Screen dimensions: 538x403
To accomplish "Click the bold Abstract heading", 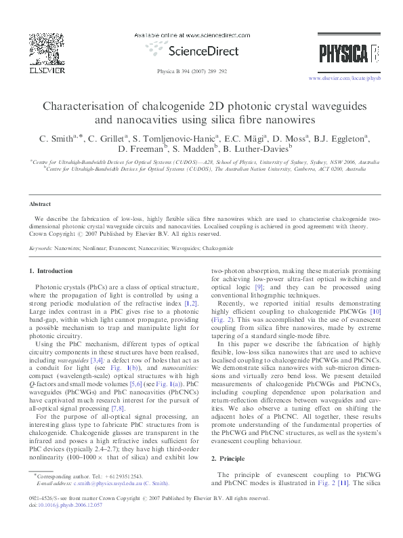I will point(39,203).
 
